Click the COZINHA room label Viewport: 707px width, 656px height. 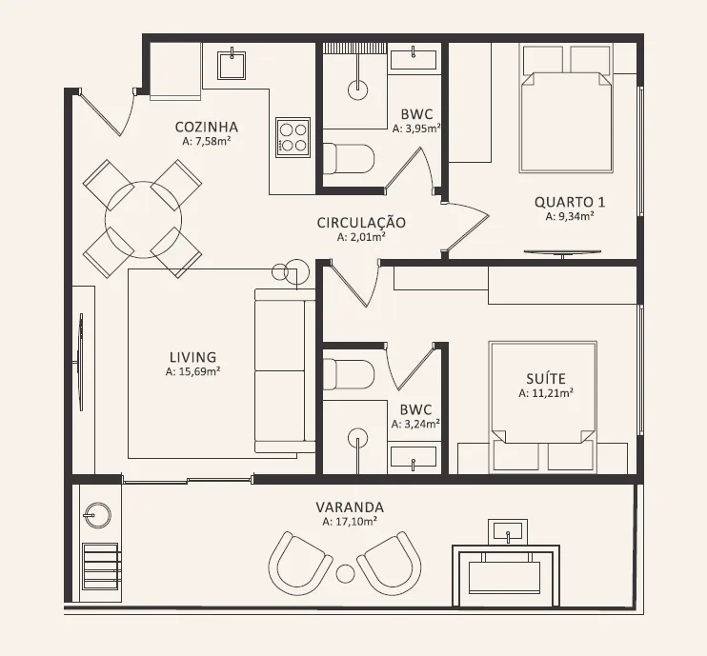pyautogui.click(x=207, y=127)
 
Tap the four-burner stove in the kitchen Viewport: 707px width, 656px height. pyautogui.click(x=293, y=137)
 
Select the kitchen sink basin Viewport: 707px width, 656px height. pyautogui.click(x=232, y=65)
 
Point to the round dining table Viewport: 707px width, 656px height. pyautogui.click(x=143, y=219)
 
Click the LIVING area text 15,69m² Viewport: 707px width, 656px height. pyautogui.click(x=192, y=371)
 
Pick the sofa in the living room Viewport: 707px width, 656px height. pyautogui.click(x=285, y=370)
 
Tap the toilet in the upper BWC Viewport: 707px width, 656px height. pyautogui.click(x=349, y=159)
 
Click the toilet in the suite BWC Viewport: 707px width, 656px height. pyautogui.click(x=349, y=374)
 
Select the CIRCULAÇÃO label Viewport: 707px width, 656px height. pyautogui.click(x=361, y=223)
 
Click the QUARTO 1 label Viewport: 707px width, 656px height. pyautogui.click(x=570, y=202)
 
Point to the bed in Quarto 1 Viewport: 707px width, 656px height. pyautogui.click(x=566, y=108)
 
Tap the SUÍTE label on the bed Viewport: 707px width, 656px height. pyautogui.click(x=546, y=378)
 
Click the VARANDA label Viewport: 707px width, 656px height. pyautogui.click(x=350, y=507)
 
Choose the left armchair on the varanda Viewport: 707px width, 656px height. pyautogui.click(x=299, y=564)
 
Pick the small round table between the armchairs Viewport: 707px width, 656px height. pyautogui.click(x=345, y=572)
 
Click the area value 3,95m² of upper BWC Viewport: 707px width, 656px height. pyautogui.click(x=416, y=129)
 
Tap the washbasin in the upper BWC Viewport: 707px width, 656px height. pyautogui.click(x=414, y=59)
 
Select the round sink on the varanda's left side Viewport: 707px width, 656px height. pyautogui.click(x=97, y=515)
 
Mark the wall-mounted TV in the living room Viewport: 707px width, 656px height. pyautogui.click(x=80, y=362)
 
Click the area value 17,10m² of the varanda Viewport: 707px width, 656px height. pyautogui.click(x=350, y=522)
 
